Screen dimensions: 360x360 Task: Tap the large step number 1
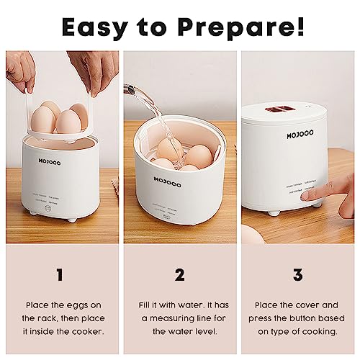tap(59, 274)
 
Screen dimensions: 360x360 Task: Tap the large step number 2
tap(179, 274)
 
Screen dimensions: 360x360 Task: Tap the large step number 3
tap(300, 274)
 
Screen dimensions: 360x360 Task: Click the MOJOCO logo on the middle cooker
tap(168, 183)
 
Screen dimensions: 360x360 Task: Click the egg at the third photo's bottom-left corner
tap(249, 232)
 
